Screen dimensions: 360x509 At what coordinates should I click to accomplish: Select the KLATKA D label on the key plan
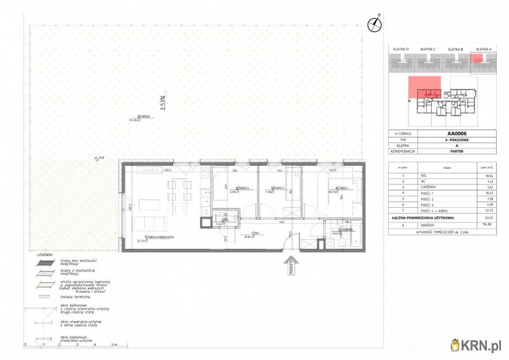click(401, 49)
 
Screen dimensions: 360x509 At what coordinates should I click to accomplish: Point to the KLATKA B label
click(455, 49)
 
